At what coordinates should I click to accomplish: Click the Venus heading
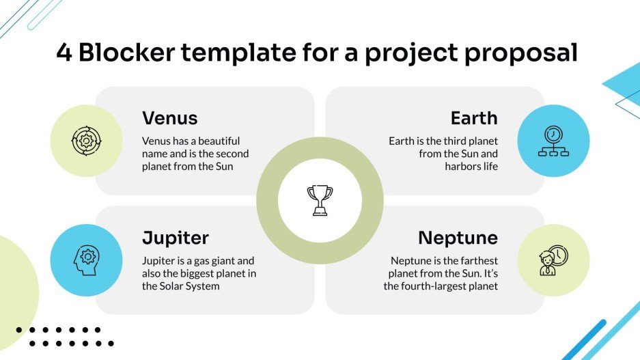click(x=169, y=118)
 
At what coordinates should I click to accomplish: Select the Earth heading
click(x=473, y=118)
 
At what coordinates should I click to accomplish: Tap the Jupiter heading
click(x=175, y=238)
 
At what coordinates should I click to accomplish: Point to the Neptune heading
click(x=458, y=238)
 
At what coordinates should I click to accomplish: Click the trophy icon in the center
click(x=320, y=200)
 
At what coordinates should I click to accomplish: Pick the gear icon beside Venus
click(x=86, y=141)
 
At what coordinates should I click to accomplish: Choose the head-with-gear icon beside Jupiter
click(x=86, y=260)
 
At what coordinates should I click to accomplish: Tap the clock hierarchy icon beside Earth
click(x=553, y=141)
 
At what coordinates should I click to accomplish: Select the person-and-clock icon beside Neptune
click(x=553, y=260)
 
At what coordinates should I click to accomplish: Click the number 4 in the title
click(x=64, y=53)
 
